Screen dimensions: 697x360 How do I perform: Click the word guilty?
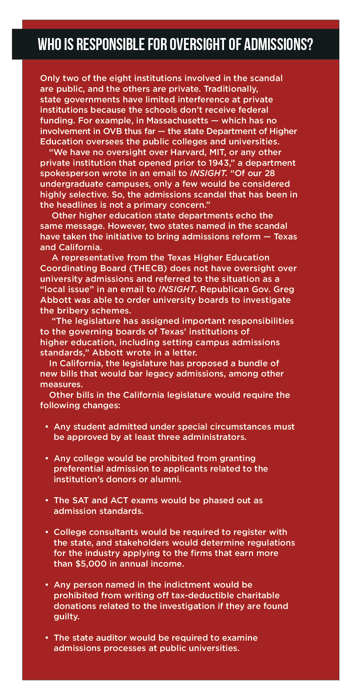coord(67,617)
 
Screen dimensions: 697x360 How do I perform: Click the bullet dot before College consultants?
coord(47,532)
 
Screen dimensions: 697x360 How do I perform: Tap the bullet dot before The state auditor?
coord(47,638)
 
